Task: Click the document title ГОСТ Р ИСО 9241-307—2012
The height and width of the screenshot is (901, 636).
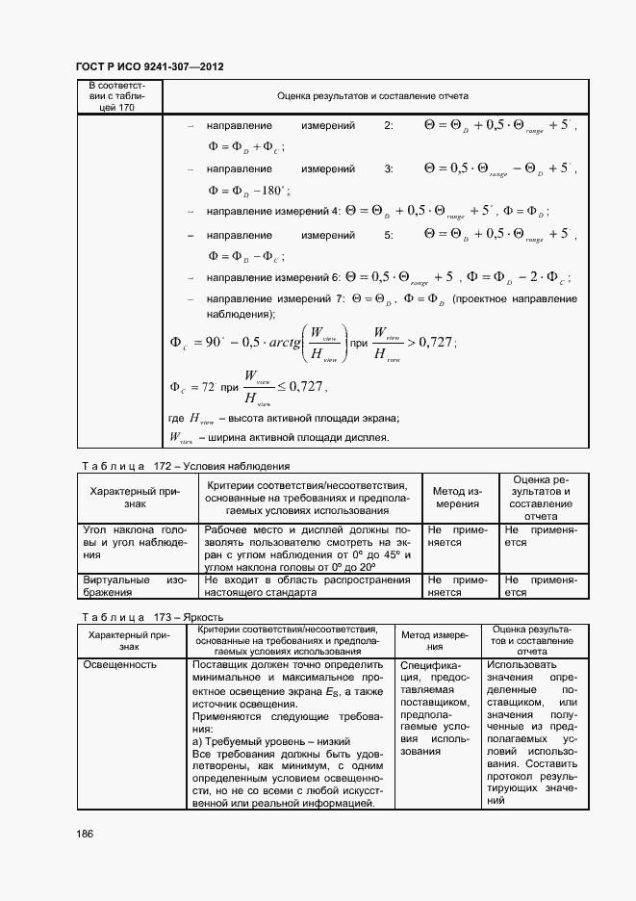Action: click(x=149, y=67)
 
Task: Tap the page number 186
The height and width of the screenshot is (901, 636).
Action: click(x=84, y=834)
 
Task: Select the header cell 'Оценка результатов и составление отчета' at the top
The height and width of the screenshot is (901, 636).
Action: click(x=372, y=97)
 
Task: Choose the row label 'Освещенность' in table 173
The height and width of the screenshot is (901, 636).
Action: click(x=115, y=665)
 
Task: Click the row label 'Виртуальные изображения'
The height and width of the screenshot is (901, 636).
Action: click(x=135, y=586)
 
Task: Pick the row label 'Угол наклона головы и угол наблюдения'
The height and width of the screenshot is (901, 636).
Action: click(x=135, y=542)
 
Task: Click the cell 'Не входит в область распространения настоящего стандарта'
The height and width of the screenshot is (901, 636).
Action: click(x=306, y=586)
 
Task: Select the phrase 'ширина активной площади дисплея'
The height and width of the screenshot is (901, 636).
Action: click(x=293, y=438)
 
